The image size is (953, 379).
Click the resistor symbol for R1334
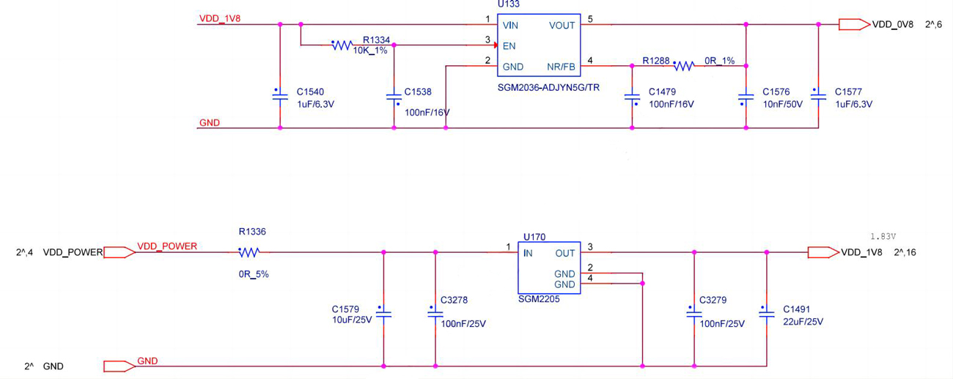(x=342, y=45)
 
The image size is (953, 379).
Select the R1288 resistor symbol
(x=683, y=66)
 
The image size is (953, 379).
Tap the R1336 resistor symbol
(x=249, y=252)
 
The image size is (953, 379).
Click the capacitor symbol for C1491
(x=766, y=313)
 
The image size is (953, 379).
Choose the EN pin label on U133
(x=509, y=45)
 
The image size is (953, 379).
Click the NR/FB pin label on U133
(x=562, y=67)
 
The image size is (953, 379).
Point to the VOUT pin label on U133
(x=562, y=25)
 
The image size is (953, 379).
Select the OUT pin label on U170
(x=565, y=253)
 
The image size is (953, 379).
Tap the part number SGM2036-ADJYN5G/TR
(x=548, y=87)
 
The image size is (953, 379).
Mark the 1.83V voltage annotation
(x=883, y=237)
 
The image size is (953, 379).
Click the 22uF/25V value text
(x=803, y=322)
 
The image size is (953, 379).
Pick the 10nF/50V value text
(x=782, y=104)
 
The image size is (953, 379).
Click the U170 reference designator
(x=534, y=237)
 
